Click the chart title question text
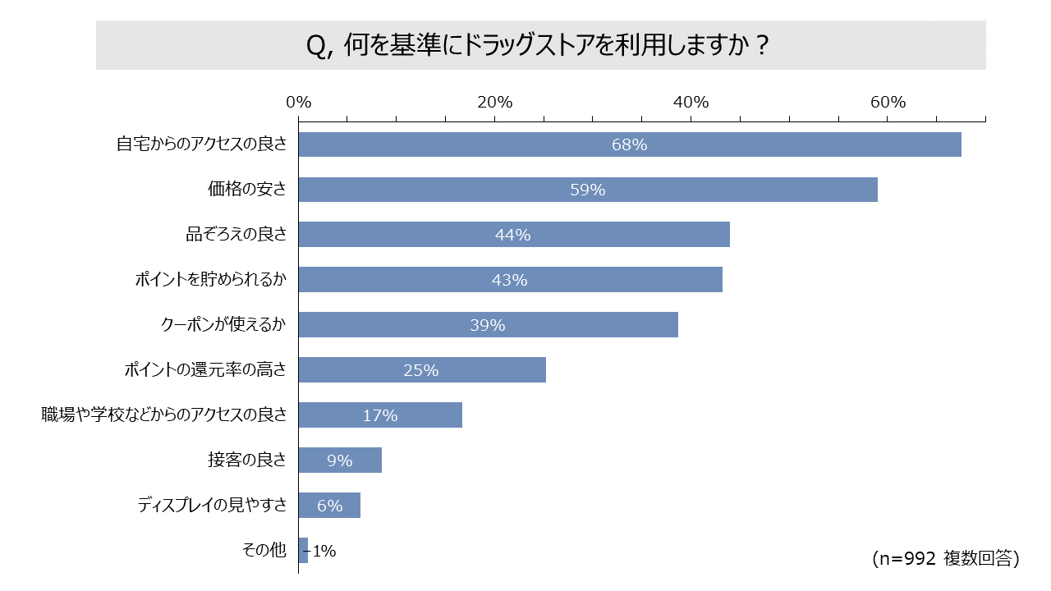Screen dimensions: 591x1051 tap(539, 46)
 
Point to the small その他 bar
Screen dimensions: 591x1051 tap(303, 550)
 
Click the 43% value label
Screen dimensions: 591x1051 tap(509, 280)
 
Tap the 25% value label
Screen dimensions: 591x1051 tap(421, 370)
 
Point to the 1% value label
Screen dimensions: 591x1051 tap(324, 551)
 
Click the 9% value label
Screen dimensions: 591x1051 tap(339, 460)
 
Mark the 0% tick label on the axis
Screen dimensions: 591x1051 tap(298, 103)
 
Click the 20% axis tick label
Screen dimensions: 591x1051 tap(494, 103)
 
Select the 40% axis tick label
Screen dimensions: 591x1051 tap(691, 103)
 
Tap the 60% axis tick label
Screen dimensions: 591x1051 tap(888, 103)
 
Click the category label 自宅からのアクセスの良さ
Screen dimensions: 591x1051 tap(201, 144)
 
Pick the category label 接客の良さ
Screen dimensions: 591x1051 tap(247, 460)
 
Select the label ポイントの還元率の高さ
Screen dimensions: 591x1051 tap(205, 370)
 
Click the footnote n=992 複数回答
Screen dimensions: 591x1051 tap(945, 559)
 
